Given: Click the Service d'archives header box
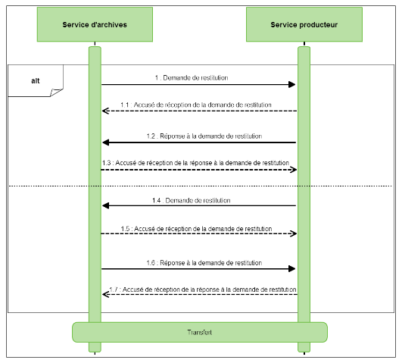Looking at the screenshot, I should pos(94,25).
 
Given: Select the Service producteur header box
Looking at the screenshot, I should pos(304,25).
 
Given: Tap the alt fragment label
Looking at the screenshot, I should pos(36,80).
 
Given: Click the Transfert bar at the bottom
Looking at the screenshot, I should pos(200,332).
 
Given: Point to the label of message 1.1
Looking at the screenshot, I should pos(196,105).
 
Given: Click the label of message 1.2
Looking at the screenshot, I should pos(204,136).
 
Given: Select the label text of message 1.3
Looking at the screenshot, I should pos(196,162).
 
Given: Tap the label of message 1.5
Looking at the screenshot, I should pos(196,227).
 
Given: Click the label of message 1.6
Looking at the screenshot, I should pos(204,262).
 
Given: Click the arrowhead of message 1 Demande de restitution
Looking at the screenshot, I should pos(291,85).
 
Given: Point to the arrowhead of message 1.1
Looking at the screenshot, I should pos(106,111).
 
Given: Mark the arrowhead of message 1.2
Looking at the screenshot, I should pos(106,142).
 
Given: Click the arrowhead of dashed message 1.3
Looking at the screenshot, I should pos(292,170).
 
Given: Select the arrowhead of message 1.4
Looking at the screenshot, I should pos(106,205).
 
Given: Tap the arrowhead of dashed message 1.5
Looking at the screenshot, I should pos(292,233).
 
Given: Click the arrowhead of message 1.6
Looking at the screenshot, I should pos(291,268).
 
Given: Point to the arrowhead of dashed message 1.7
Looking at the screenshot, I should pos(106,295).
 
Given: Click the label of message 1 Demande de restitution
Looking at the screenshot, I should pos(191,78).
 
